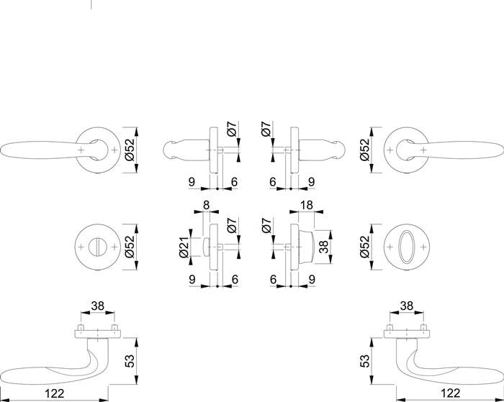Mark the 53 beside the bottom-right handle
click(x=364, y=359)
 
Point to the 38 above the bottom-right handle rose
click(x=405, y=305)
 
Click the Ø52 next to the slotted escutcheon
click(x=131, y=246)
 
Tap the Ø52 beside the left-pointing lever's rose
click(x=131, y=150)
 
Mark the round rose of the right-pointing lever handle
click(x=405, y=150)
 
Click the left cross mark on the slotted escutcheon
click(x=84, y=247)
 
